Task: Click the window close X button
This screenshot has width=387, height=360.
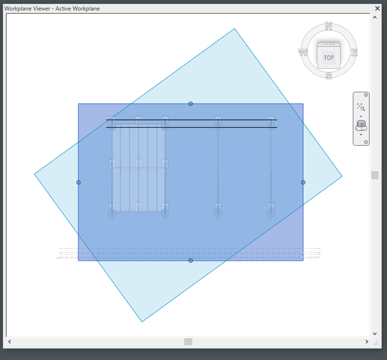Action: click(x=377, y=8)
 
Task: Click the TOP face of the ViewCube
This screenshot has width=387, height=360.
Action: click(x=329, y=58)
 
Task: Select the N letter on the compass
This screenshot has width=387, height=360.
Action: click(x=328, y=26)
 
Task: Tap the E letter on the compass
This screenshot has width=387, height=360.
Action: click(x=354, y=52)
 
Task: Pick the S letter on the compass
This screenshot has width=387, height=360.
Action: click(x=328, y=75)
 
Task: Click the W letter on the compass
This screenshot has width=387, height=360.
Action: click(x=303, y=52)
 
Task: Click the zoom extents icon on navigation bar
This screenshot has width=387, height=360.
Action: click(x=361, y=107)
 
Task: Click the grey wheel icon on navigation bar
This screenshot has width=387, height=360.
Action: click(x=361, y=125)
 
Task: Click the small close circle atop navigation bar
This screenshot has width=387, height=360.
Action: click(x=366, y=95)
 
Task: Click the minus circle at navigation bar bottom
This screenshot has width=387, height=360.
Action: click(x=366, y=142)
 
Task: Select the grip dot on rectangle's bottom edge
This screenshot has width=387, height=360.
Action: click(x=190, y=260)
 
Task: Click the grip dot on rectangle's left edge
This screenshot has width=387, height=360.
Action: click(x=78, y=182)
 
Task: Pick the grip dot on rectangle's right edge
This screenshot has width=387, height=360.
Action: click(x=303, y=182)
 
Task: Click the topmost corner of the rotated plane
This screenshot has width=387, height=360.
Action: click(x=234, y=29)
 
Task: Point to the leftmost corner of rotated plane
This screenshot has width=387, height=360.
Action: click(x=34, y=174)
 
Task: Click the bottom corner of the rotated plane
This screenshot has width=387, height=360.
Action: click(x=142, y=322)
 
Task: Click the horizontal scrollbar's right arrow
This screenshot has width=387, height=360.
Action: click(x=366, y=341)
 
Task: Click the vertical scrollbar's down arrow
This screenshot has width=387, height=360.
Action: click(x=375, y=334)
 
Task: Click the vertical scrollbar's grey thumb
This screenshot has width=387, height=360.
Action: click(x=375, y=175)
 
